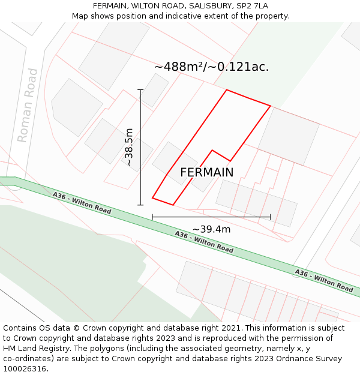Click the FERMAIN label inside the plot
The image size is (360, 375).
pyautogui.click(x=206, y=172)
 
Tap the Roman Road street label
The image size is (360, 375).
pyautogui.click(x=28, y=105)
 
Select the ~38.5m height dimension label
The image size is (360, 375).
pyautogui.click(x=128, y=147)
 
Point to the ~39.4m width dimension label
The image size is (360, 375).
pyautogui.click(x=211, y=229)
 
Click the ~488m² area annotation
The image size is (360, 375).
pyautogui.click(x=211, y=67)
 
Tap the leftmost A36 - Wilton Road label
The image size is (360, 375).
pyautogui.click(x=82, y=203)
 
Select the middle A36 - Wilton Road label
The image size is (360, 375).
pyautogui.click(x=204, y=241)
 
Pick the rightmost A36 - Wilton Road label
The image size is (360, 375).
pyautogui.click(x=323, y=280)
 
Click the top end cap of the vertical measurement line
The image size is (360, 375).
pyautogui.click(x=141, y=90)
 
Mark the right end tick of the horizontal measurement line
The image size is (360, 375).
pyautogui.click(x=271, y=217)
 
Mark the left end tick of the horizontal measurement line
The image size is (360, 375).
pyautogui.click(x=152, y=217)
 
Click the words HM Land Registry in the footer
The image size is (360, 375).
pyautogui.click(x=34, y=348)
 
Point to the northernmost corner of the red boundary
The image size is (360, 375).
pyautogui.click(x=226, y=90)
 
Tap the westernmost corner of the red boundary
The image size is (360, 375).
pyautogui.click(x=152, y=197)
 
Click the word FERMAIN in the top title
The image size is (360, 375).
pyautogui.click(x=110, y=6)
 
